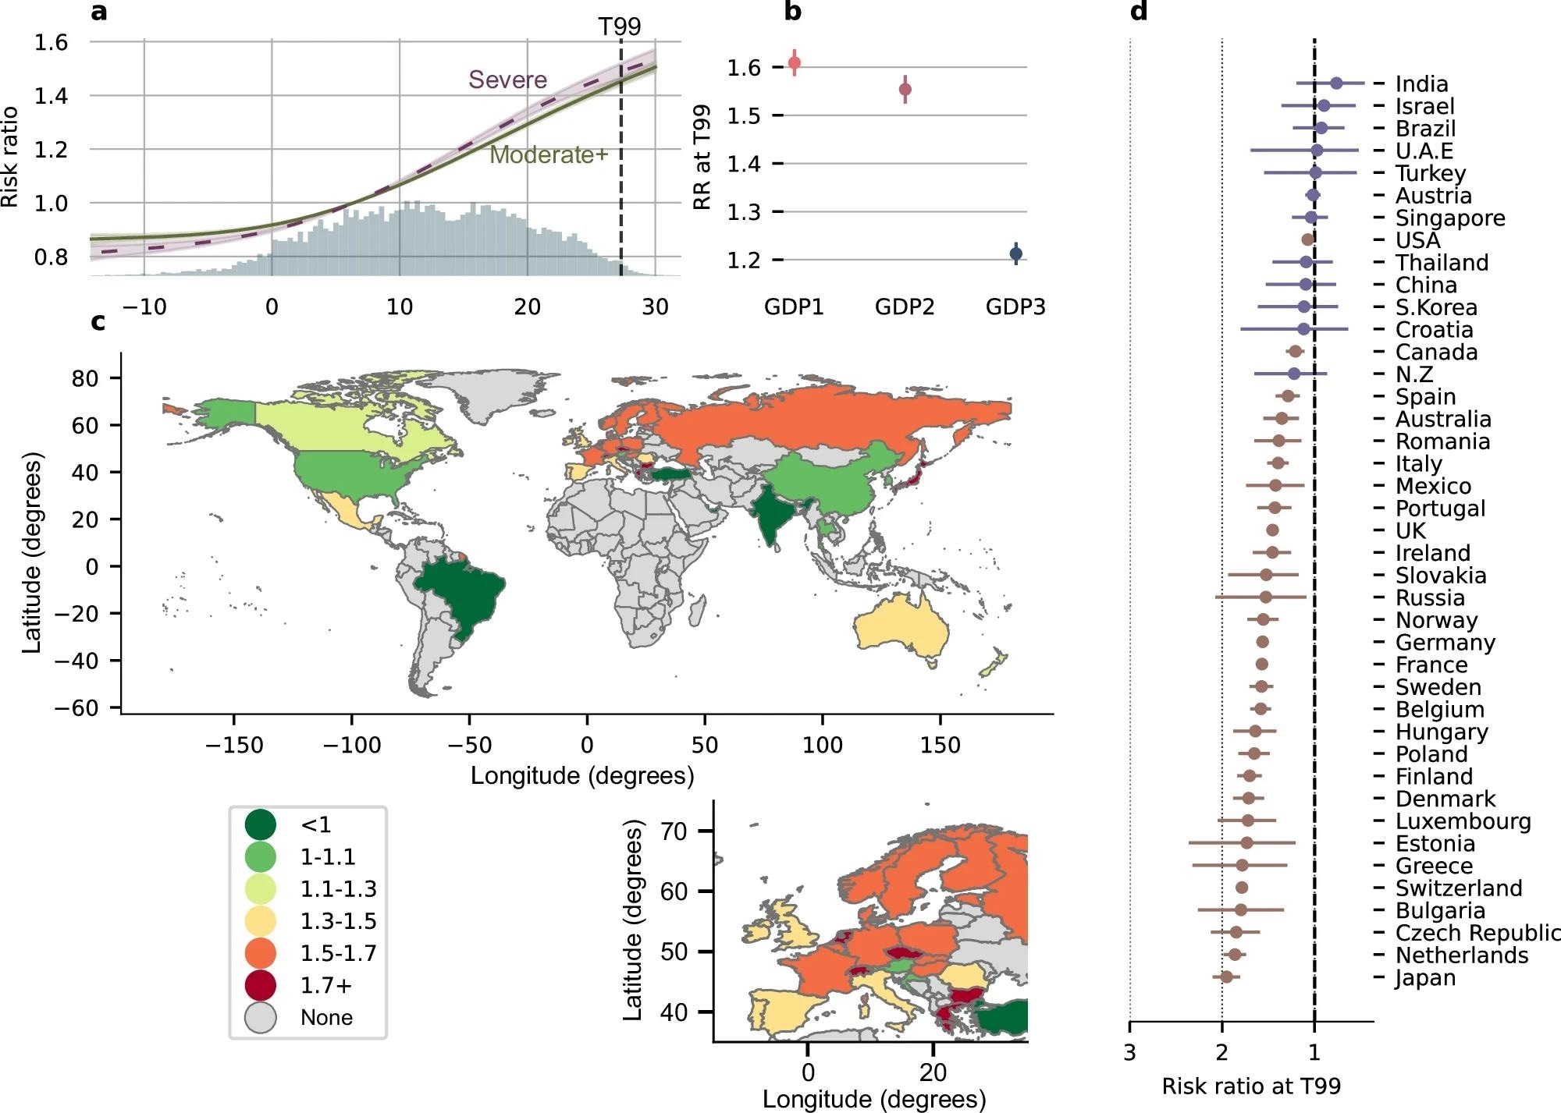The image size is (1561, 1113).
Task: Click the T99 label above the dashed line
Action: (x=620, y=27)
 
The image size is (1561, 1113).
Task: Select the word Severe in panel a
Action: (x=507, y=80)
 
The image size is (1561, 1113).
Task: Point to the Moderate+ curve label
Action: (x=548, y=154)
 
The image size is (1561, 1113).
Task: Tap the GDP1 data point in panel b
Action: (x=795, y=63)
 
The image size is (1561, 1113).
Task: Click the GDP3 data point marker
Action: (x=1015, y=253)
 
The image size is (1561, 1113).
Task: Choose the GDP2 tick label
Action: (x=905, y=307)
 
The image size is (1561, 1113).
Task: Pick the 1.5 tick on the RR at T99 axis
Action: (x=743, y=115)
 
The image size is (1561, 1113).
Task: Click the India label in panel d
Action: (x=1421, y=83)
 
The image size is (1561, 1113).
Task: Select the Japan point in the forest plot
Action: (x=1226, y=977)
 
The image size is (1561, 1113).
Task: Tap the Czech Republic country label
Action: (x=1477, y=933)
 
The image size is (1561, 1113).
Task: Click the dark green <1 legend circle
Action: (x=261, y=824)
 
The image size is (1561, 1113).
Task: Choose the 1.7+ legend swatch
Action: (x=261, y=985)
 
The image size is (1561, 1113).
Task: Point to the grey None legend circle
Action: (x=261, y=1018)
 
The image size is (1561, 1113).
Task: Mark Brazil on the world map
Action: (x=460, y=593)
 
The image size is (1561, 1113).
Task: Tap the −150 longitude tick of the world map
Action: (x=234, y=746)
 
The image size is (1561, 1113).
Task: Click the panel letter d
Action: (x=1139, y=12)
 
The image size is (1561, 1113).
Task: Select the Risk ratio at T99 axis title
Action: (x=1251, y=1086)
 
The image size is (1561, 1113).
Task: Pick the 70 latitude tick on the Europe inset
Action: (x=673, y=831)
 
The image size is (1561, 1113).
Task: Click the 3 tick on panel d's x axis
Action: (x=1129, y=1053)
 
